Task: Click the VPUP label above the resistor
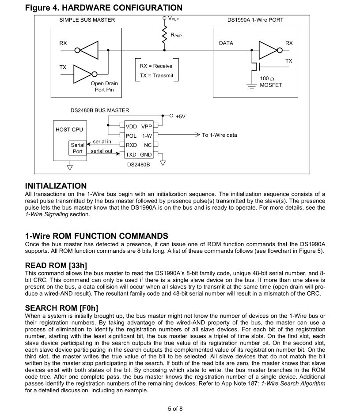click(x=174, y=19)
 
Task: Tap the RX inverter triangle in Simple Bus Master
click(x=90, y=50)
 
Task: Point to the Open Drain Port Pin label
click(x=104, y=86)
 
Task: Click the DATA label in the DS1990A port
click(x=226, y=43)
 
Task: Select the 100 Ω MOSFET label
click(x=271, y=82)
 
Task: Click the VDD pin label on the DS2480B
click(x=131, y=127)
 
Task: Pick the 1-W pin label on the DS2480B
click(x=147, y=136)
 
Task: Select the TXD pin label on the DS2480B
click(x=131, y=155)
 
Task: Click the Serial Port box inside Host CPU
click(x=77, y=148)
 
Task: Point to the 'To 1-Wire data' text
click(x=220, y=135)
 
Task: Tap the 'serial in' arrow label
click(x=102, y=142)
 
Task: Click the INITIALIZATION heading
click(x=56, y=186)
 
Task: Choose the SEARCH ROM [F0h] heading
click(x=61, y=308)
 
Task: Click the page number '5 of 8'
click(x=175, y=409)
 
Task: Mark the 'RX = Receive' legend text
click(x=156, y=66)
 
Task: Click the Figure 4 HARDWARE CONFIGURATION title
click(x=103, y=8)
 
